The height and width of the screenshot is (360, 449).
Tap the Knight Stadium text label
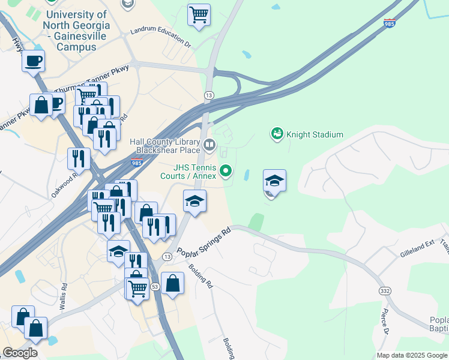pyautogui.click(x=315, y=134)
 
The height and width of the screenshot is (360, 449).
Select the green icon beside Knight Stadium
pyautogui.click(x=277, y=133)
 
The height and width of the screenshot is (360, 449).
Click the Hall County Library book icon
pyautogui.click(x=209, y=145)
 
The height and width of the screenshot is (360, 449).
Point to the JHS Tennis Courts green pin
pyautogui.click(x=226, y=172)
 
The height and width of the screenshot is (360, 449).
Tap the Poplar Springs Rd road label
pyautogui.click(x=204, y=242)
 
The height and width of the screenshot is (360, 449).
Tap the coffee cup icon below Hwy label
pyautogui.click(x=34, y=61)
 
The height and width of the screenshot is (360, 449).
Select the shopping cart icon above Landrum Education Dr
pyautogui.click(x=199, y=14)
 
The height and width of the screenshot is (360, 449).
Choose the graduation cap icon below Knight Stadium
pyautogui.click(x=274, y=181)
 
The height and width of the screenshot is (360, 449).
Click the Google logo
pyautogui.click(x=20, y=353)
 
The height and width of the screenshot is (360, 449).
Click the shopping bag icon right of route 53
pyautogui.click(x=172, y=283)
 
